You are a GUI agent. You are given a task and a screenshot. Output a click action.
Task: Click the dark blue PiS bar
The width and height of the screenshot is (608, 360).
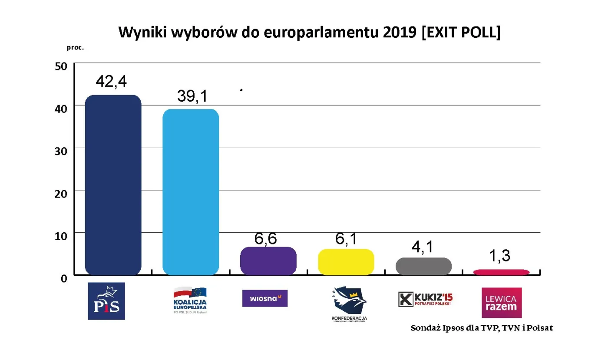pyautogui.click(x=113, y=185)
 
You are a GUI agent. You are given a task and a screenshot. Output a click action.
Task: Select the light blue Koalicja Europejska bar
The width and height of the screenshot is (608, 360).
pyautogui.click(x=191, y=192)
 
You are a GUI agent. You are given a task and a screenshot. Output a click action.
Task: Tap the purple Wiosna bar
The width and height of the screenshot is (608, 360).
pyautogui.click(x=268, y=261)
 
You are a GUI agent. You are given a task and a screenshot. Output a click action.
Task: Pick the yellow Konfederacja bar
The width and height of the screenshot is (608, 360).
pyautogui.click(x=346, y=262)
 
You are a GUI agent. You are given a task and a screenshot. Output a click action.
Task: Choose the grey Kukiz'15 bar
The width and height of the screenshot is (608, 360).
pyautogui.click(x=423, y=266)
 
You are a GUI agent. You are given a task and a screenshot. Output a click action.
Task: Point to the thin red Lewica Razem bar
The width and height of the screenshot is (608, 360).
pyautogui.click(x=501, y=272)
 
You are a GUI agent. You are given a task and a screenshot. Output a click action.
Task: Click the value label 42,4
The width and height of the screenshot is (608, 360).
pyautogui.click(x=111, y=81)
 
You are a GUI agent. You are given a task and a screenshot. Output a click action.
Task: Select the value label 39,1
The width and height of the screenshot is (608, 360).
pyautogui.click(x=192, y=96)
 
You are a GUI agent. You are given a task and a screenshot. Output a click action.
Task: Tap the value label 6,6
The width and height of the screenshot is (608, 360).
pyautogui.click(x=266, y=239)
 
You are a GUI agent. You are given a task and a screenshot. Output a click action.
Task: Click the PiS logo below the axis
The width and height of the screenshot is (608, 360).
pyautogui.click(x=106, y=301)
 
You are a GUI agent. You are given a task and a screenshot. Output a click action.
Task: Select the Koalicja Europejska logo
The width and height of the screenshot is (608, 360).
pyautogui.click(x=190, y=300)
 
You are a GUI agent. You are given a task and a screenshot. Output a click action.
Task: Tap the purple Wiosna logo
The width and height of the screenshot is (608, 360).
pyautogui.click(x=265, y=298)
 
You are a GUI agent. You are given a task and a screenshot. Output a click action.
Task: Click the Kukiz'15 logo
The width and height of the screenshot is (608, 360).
pyautogui.click(x=426, y=299)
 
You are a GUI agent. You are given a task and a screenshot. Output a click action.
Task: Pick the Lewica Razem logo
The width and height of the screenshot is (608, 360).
pyautogui.click(x=502, y=303)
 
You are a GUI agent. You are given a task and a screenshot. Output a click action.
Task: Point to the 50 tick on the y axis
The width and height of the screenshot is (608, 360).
pyautogui.click(x=61, y=66)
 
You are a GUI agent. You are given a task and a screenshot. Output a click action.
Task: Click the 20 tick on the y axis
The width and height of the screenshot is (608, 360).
pyautogui.click(x=61, y=194)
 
